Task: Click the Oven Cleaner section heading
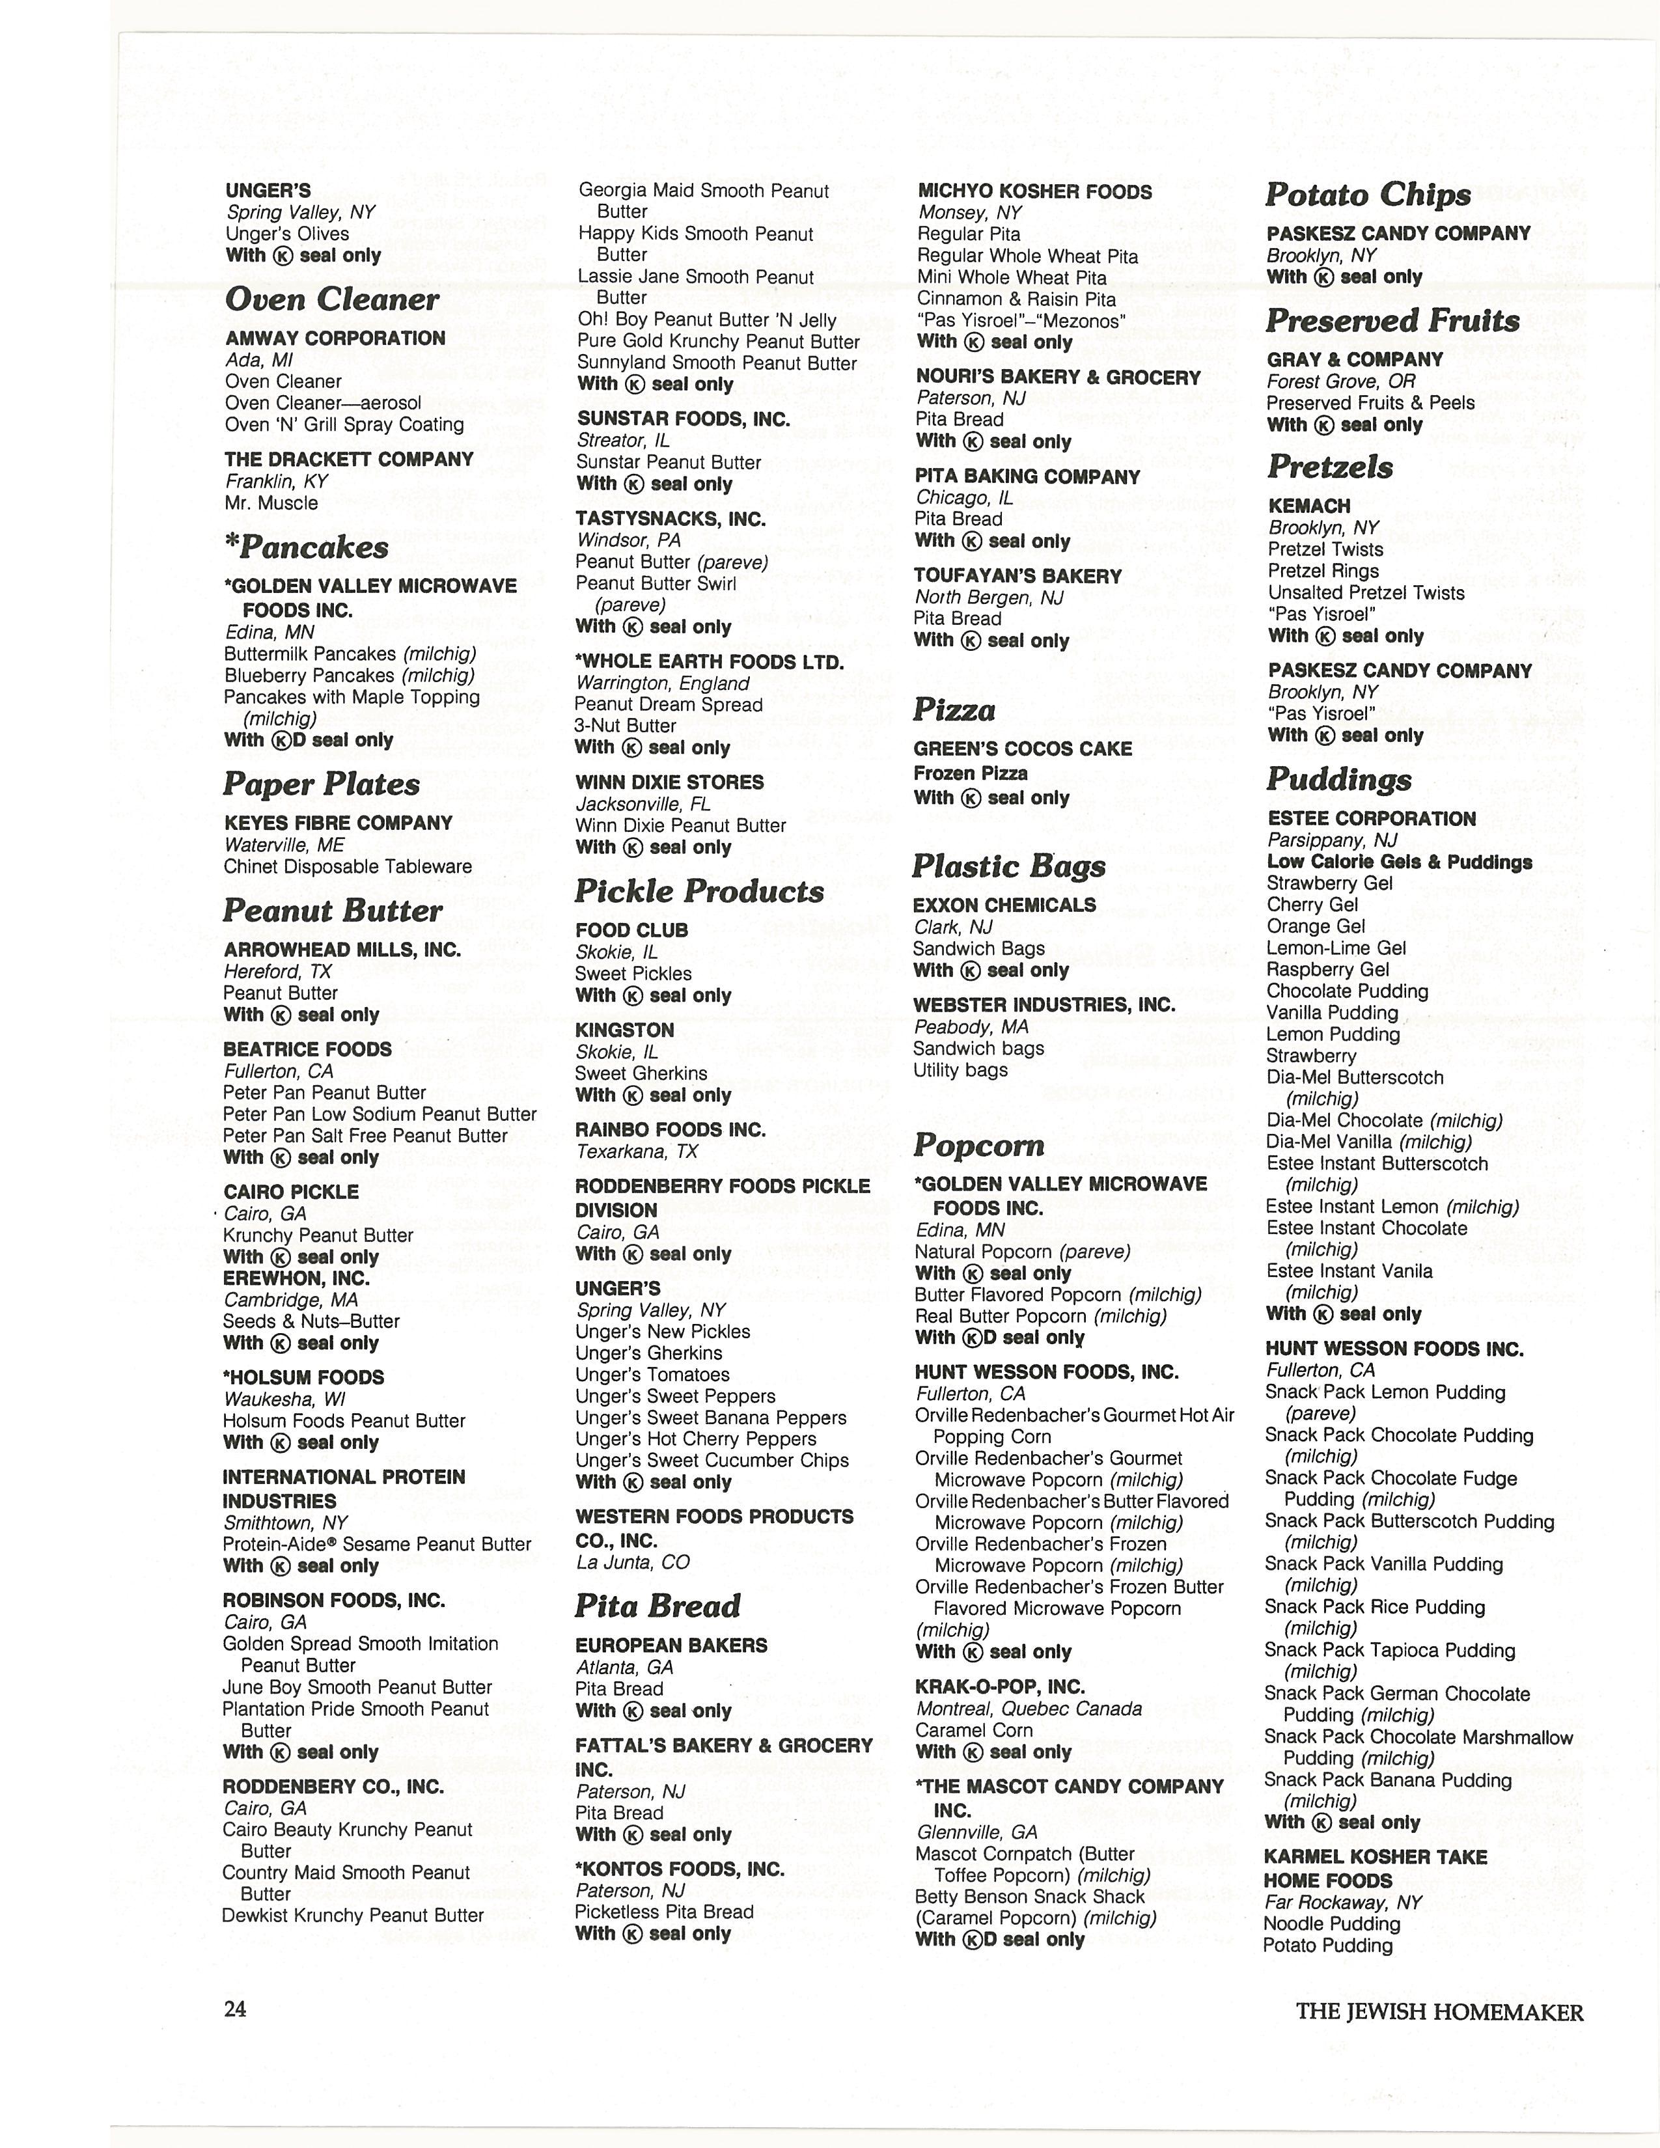(x=333, y=299)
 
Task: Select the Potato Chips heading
(x=1367, y=195)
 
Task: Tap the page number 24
(x=235, y=2009)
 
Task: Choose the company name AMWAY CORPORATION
(x=335, y=338)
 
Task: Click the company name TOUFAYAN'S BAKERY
(x=1018, y=576)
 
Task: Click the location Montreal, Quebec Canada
(x=1029, y=1709)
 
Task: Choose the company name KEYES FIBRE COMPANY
(x=339, y=823)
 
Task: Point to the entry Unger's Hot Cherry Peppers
(x=697, y=1439)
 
